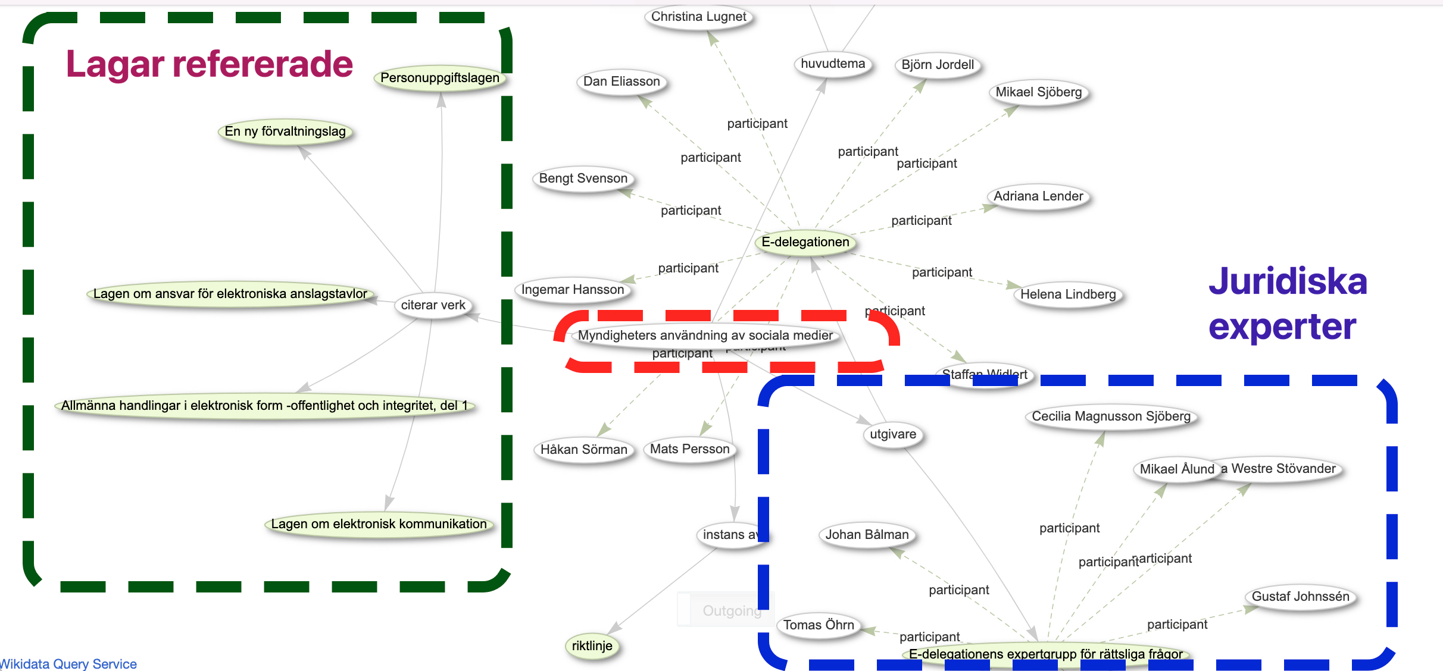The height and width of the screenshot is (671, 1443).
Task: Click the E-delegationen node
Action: [805, 242]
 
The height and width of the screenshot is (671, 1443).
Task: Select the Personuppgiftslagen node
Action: [439, 78]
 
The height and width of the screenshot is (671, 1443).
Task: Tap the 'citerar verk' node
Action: [433, 305]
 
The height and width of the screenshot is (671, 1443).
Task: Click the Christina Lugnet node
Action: [698, 17]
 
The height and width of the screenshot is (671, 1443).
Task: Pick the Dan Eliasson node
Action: [621, 81]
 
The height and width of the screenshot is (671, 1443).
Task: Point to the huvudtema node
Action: [833, 64]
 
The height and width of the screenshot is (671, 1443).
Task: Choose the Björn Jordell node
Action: [938, 65]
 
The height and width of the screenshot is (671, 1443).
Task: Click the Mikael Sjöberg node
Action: [1039, 92]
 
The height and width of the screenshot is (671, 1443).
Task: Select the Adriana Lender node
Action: [1038, 196]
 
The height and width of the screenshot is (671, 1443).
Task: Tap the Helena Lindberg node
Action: [1068, 294]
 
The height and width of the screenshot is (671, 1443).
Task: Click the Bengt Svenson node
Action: [583, 178]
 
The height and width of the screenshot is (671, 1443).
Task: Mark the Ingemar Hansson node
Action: [573, 290]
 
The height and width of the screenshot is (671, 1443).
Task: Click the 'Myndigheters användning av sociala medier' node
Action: [705, 335]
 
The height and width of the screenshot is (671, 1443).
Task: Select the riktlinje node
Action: [592, 646]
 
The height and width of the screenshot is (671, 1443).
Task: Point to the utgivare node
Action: [893, 434]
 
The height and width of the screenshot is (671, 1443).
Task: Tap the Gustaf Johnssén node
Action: [1300, 597]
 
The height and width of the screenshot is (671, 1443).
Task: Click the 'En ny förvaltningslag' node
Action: [285, 131]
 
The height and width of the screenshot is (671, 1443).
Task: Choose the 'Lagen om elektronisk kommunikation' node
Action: [379, 524]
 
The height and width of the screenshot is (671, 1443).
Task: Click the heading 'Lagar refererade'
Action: [210, 64]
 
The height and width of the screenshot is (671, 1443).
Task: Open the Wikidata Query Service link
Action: [69, 664]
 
